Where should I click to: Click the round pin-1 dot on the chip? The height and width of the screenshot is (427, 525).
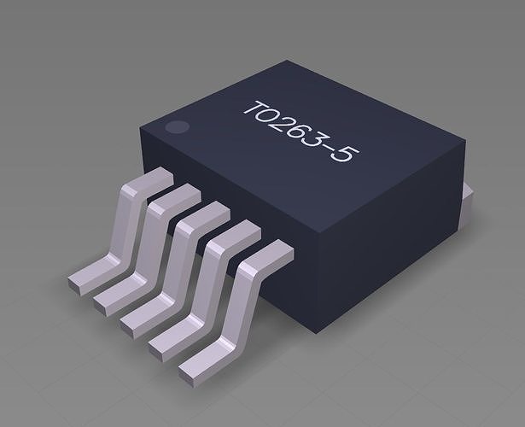[x=176, y=128]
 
